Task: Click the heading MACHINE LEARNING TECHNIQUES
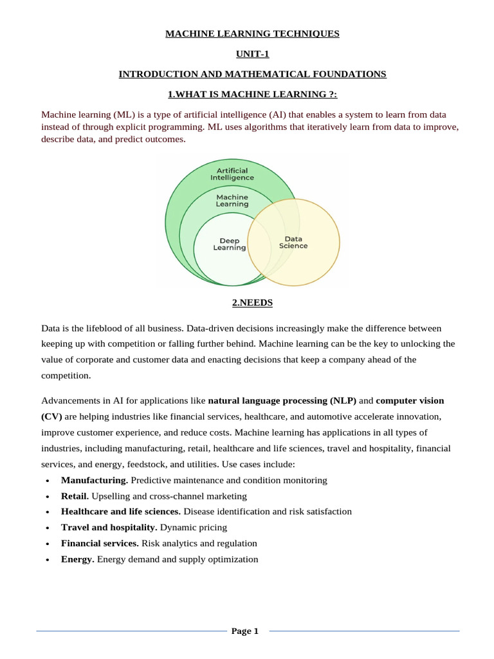point(252,33)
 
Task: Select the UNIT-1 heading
point(252,54)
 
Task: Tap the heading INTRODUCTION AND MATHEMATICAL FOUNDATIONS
point(252,74)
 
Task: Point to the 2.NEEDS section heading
point(252,302)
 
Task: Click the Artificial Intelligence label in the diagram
point(232,174)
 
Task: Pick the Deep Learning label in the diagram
point(229,245)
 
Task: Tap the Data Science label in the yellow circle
point(293,242)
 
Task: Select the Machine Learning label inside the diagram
point(232,200)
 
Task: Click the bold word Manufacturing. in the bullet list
point(95,480)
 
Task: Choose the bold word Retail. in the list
point(75,496)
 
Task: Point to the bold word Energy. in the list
point(78,559)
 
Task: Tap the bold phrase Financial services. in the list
point(100,543)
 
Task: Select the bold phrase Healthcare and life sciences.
point(121,512)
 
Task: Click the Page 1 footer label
point(244,631)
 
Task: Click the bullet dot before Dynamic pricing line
point(49,528)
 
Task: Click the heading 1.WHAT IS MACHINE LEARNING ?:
point(252,95)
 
